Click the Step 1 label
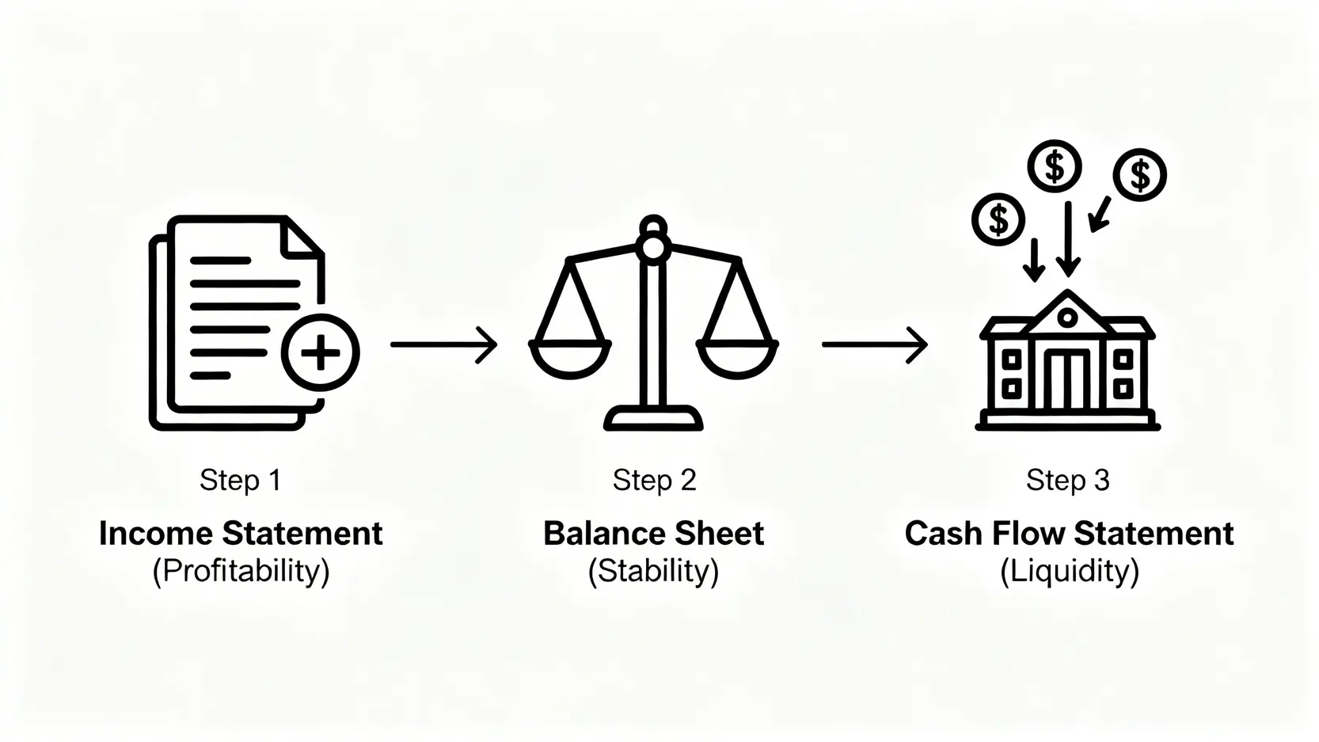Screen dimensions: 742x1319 [240, 480]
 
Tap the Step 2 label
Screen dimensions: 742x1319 [654, 480]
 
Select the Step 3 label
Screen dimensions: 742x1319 [1067, 480]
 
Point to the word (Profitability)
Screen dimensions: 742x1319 [241, 571]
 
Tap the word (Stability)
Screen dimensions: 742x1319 [654, 571]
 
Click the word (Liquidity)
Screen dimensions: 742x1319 [1069, 571]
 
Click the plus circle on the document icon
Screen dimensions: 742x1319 [321, 353]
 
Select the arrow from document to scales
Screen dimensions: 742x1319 [443, 344]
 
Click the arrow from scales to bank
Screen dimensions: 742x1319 [874, 344]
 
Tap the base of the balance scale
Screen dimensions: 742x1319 [654, 419]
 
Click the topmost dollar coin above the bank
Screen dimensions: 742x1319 [1054, 166]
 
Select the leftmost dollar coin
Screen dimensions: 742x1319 [998, 219]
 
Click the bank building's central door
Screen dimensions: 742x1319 [1066, 379]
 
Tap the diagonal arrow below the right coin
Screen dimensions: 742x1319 [1100, 215]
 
